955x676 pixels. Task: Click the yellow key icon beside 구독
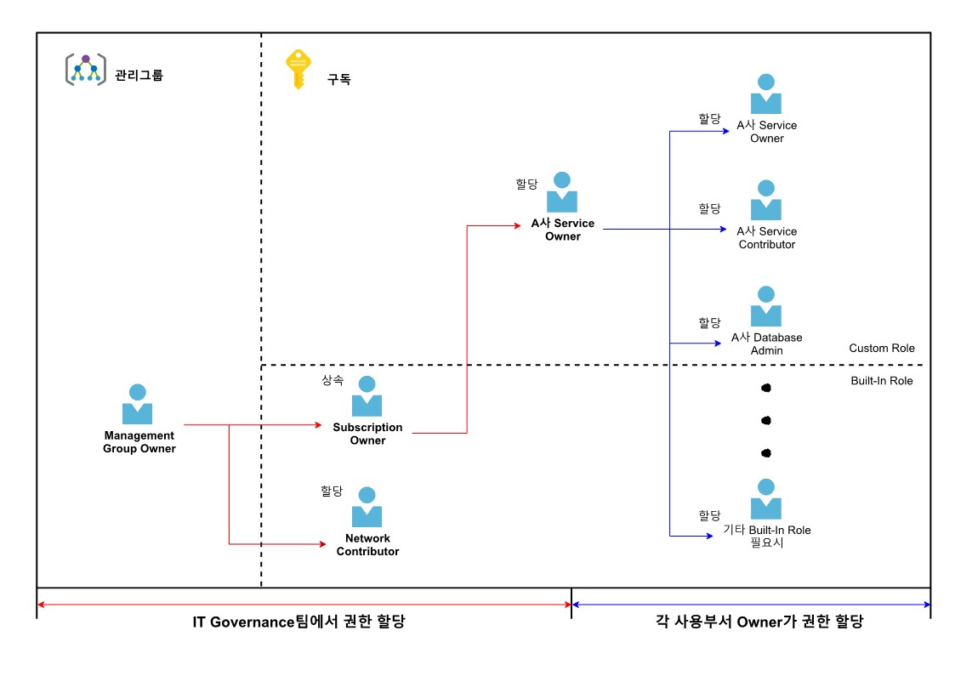pos(296,68)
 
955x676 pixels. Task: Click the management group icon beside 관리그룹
pos(86,69)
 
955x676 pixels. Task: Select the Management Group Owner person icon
pos(137,404)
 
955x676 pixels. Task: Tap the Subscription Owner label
pos(367,434)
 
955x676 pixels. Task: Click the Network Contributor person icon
pos(367,507)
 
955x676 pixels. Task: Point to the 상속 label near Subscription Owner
pos(333,380)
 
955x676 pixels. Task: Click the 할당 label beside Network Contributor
pos(332,491)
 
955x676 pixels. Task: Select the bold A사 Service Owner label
pos(562,230)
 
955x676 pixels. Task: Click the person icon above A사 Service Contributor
pos(766,200)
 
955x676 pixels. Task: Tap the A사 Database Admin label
pos(766,344)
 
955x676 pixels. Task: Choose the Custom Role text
pos(881,349)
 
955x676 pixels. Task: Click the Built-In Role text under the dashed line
pos(881,381)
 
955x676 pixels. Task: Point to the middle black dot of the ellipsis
pos(765,420)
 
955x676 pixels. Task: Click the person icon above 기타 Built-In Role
pos(766,499)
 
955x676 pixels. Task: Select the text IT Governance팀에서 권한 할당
pos(298,622)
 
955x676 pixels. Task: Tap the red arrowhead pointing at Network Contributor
pos(322,543)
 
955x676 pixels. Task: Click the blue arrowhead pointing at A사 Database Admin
pos(718,344)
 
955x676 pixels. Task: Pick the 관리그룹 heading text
pos(139,75)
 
